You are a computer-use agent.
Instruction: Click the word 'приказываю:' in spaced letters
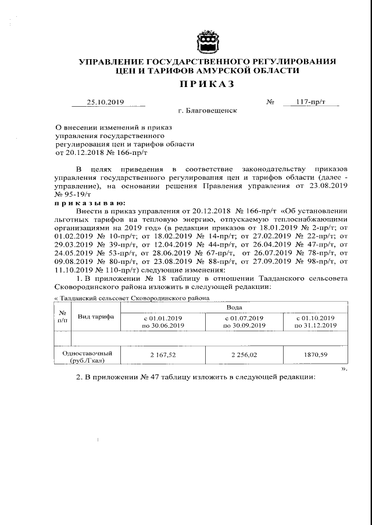click(x=88, y=202)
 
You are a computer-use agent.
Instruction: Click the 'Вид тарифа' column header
click(x=96, y=317)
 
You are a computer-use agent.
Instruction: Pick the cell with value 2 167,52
click(x=164, y=353)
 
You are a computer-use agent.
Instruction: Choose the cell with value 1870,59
click(x=316, y=353)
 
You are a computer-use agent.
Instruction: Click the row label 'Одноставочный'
click(x=87, y=353)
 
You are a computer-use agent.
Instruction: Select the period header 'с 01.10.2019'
click(x=316, y=318)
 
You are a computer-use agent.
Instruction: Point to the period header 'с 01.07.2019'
click(x=244, y=318)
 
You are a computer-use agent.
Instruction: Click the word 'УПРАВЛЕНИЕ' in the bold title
click(x=110, y=62)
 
